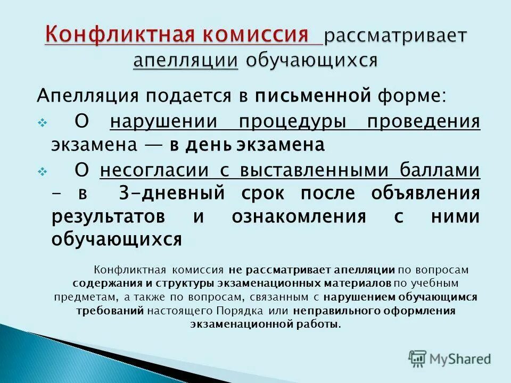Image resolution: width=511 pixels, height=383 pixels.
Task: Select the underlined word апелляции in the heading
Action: [x=185, y=60]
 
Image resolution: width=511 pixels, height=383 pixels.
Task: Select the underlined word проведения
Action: [x=423, y=122]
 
